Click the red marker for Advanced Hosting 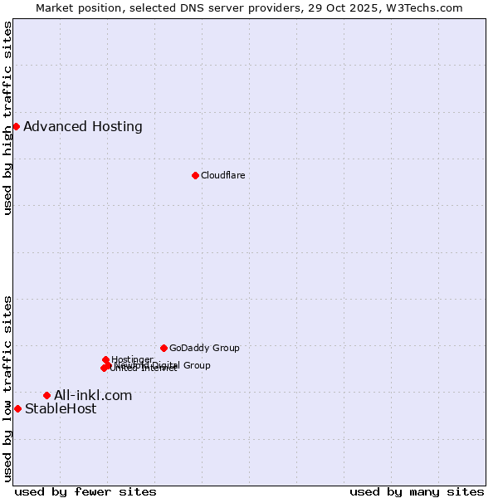coord(16,126)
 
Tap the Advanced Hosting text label coord(83,127)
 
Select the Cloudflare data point coord(195,175)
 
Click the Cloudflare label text coord(222,175)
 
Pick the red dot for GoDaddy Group coord(164,348)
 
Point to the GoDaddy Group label coord(204,348)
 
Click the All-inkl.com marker coord(46,395)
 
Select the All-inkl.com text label coord(93,395)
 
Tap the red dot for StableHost coord(17,408)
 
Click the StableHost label coord(61,408)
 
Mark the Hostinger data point coord(106,359)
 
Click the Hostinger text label coord(132,359)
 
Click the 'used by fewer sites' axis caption coord(85,491)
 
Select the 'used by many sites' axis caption coord(417,491)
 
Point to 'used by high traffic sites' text coord(8,118)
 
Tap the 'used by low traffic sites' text coord(8,388)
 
